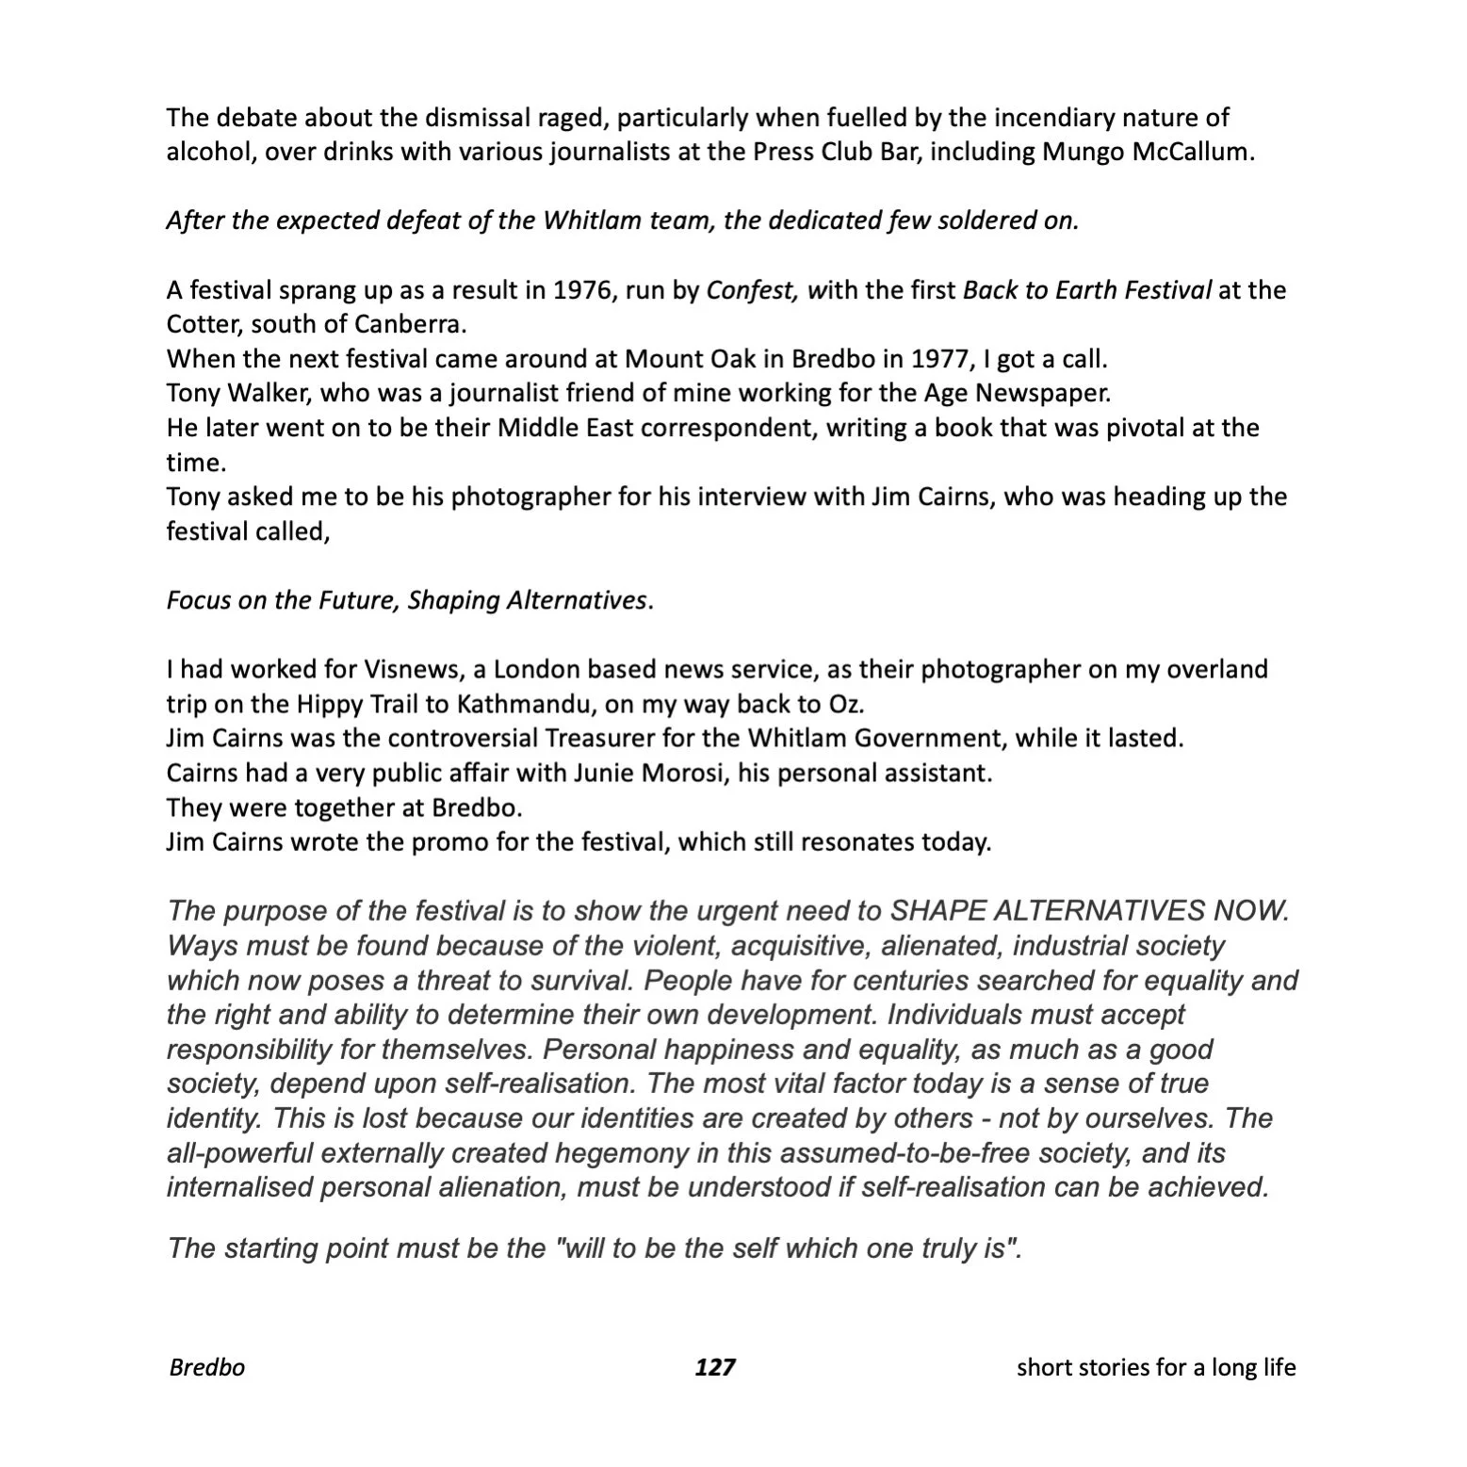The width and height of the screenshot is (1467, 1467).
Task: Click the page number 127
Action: [x=714, y=1366]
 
